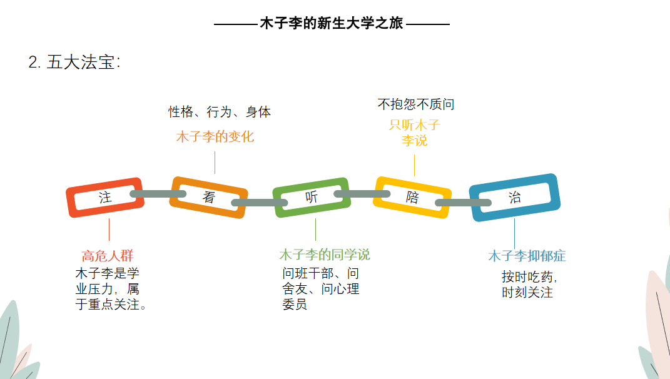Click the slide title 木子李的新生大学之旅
point(332,24)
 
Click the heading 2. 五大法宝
point(74,62)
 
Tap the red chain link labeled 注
point(104,198)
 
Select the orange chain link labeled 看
point(209,197)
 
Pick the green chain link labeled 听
point(311,197)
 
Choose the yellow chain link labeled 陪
point(412,198)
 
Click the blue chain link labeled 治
point(514,198)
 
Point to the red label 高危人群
point(108,256)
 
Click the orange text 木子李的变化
point(215,136)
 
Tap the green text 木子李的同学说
point(324,255)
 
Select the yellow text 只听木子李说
point(414,133)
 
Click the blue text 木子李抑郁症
point(527,256)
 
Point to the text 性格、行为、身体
point(220,112)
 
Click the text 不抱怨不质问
point(415,104)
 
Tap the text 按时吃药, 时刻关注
point(529,284)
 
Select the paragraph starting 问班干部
point(320,289)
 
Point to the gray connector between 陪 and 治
point(463,202)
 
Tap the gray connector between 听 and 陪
point(362,194)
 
